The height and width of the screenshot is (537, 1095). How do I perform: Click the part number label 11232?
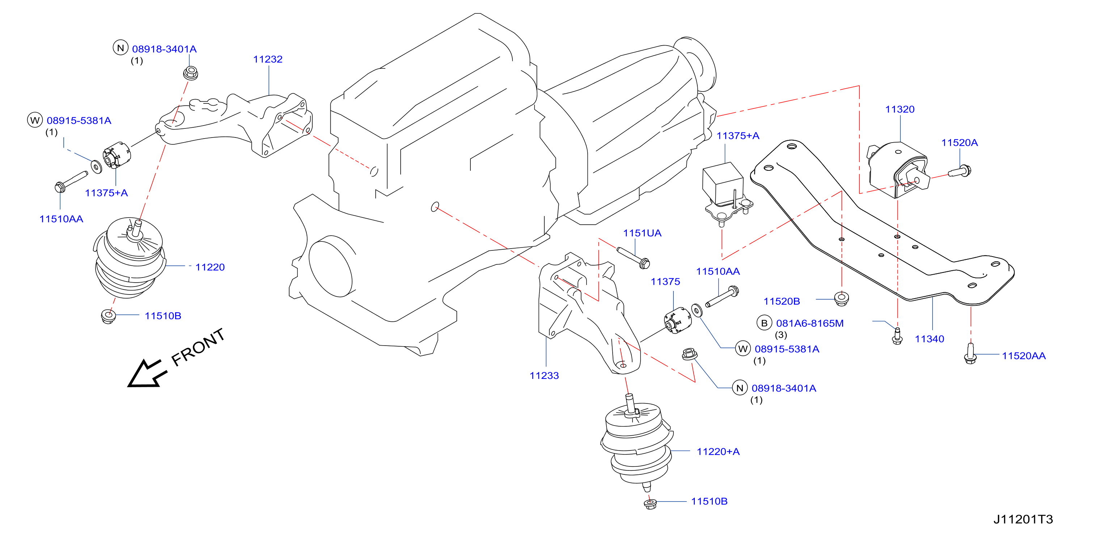pyautogui.click(x=268, y=59)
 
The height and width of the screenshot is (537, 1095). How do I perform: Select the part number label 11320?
pyautogui.click(x=900, y=109)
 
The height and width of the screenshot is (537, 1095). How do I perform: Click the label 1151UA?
pyautogui.click(x=642, y=233)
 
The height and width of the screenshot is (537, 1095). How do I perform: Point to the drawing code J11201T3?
pyautogui.click(x=1023, y=519)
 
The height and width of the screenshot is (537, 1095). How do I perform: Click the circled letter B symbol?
pyautogui.click(x=764, y=323)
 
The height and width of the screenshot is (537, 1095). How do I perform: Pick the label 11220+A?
pyautogui.click(x=718, y=452)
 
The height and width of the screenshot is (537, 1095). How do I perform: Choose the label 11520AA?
pyautogui.click(x=1024, y=356)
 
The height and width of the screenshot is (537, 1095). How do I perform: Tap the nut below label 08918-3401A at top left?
pyautogui.click(x=190, y=73)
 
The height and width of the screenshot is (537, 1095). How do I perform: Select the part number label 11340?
pyautogui.click(x=929, y=339)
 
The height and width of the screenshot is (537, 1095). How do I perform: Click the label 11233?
pyautogui.click(x=544, y=376)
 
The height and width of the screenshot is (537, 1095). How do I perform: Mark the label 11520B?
pyautogui.click(x=781, y=301)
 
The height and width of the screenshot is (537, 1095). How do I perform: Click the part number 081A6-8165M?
pyautogui.click(x=810, y=323)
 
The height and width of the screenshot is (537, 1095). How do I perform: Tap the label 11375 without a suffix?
pyautogui.click(x=665, y=282)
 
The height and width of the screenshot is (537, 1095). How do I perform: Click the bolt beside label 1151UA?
pyautogui.click(x=633, y=258)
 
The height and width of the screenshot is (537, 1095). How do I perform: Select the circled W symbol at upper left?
pyautogui.click(x=35, y=120)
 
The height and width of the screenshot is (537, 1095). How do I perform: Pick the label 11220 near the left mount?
pyautogui.click(x=210, y=267)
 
